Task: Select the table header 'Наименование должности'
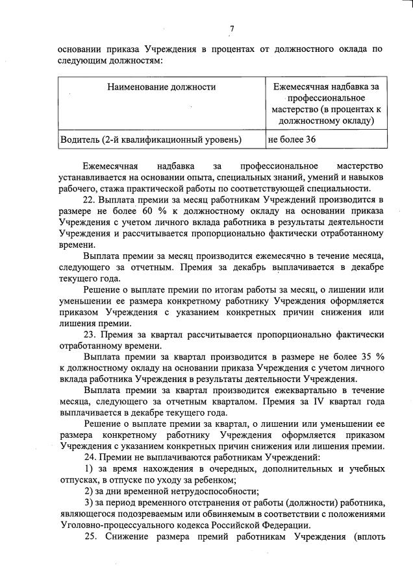(x=162, y=86)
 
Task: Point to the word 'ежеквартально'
(x=267, y=391)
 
